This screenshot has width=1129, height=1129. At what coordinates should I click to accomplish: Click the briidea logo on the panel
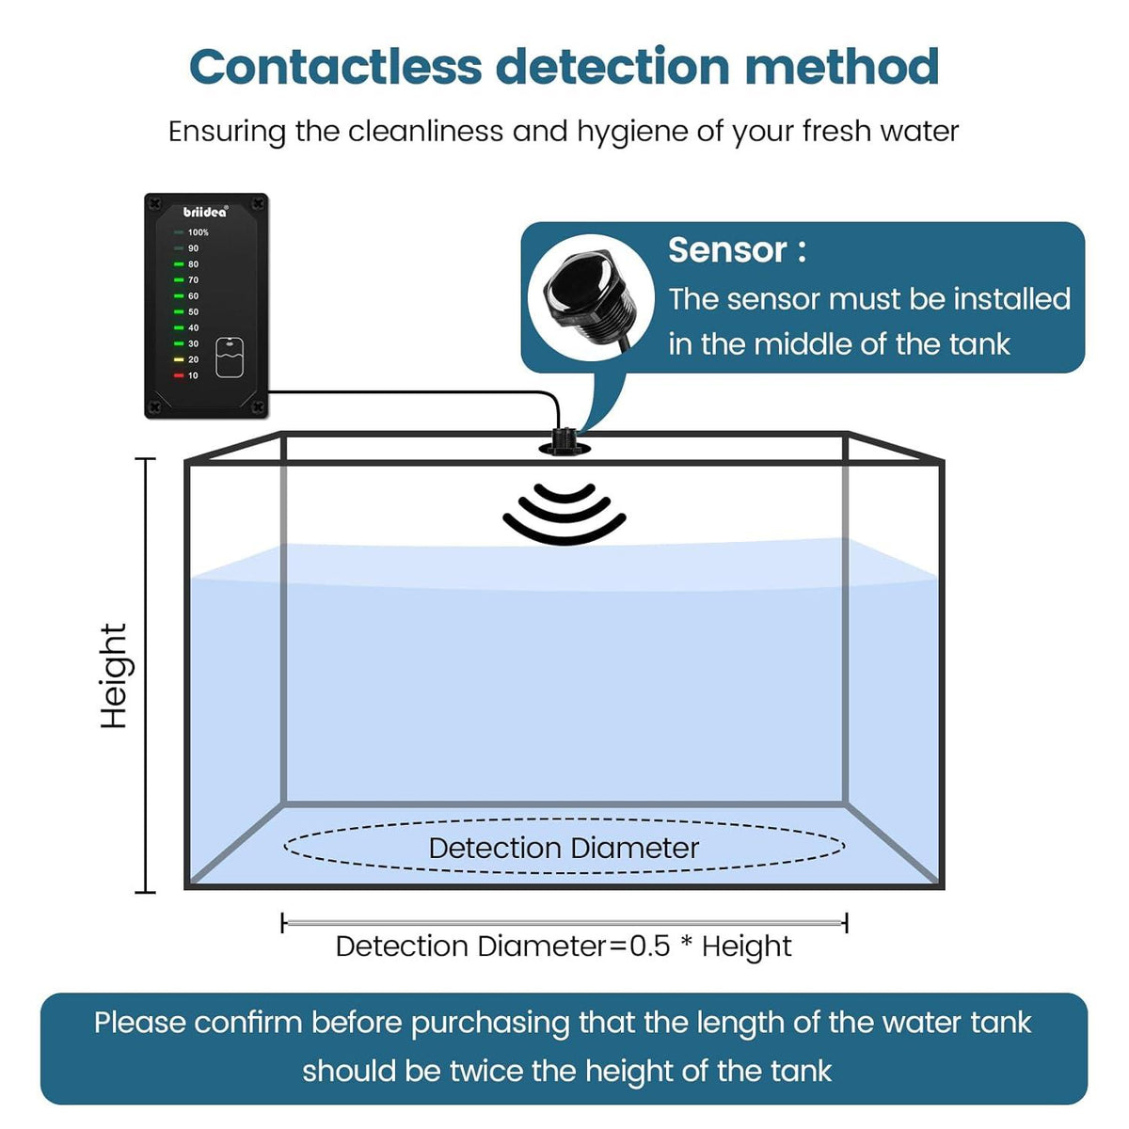(205, 212)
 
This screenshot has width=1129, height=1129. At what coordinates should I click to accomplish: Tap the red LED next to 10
(179, 375)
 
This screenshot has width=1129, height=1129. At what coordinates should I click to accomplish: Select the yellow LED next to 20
(179, 359)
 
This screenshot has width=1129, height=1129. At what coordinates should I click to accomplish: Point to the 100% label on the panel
(199, 232)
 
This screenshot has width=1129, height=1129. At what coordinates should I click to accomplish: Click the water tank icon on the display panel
(230, 358)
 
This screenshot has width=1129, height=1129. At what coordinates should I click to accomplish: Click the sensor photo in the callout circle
(577, 296)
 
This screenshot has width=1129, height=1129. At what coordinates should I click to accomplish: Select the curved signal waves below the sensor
(564, 514)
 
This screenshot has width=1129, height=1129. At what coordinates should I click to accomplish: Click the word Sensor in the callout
(727, 250)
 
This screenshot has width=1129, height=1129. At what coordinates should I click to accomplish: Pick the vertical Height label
(114, 676)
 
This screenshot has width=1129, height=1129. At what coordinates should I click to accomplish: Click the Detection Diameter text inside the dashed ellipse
(564, 848)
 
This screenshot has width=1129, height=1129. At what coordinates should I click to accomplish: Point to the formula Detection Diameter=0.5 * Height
(564, 946)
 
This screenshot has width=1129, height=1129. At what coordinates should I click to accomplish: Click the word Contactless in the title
(336, 67)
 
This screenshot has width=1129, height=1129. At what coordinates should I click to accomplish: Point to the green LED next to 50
(179, 311)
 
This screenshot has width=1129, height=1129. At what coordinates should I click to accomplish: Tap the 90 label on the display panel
(193, 248)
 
